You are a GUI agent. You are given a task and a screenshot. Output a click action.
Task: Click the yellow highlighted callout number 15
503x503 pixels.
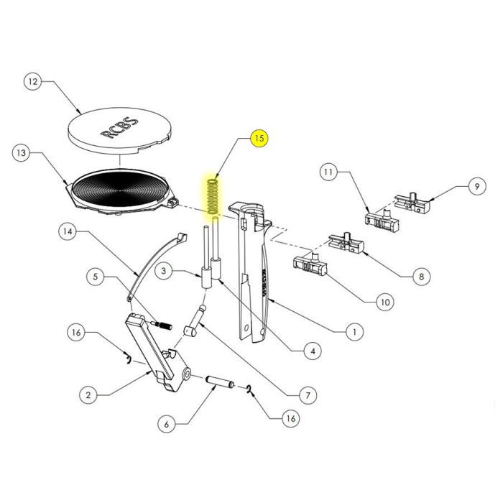click(x=259, y=138)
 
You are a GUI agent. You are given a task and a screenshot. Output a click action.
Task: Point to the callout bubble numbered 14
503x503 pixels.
click(x=68, y=232)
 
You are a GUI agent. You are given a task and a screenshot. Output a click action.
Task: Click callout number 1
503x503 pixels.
click(x=353, y=332)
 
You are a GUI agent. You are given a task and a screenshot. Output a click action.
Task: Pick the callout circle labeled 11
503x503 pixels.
click(x=328, y=173)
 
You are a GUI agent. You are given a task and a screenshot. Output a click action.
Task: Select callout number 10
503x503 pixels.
click(x=384, y=303)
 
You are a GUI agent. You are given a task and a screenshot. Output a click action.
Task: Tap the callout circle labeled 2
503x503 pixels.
click(x=88, y=394)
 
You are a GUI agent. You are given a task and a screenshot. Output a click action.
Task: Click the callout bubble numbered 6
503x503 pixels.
click(x=166, y=425)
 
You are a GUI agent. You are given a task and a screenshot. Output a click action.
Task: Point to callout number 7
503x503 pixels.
click(x=308, y=395)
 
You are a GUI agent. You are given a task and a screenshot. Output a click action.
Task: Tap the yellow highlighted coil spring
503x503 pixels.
click(x=213, y=195)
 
